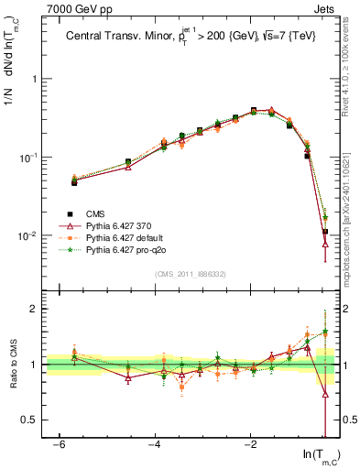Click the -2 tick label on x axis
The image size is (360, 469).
pos(251,445)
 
